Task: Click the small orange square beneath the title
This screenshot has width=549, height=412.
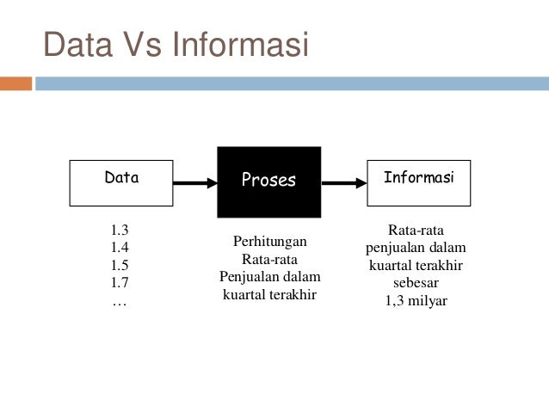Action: point(15,83)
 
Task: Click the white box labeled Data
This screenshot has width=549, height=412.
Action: point(121,181)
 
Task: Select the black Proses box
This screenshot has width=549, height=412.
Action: point(268,181)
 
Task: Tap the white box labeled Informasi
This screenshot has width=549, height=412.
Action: point(418,181)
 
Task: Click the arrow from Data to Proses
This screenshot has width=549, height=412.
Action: point(195,182)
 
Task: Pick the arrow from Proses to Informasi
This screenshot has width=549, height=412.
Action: point(344,182)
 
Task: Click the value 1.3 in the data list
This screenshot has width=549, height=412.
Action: point(120,231)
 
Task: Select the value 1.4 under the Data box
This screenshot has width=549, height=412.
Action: point(120,249)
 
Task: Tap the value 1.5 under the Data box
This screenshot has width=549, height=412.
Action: point(120,266)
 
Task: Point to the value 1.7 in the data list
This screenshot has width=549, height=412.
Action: point(120,283)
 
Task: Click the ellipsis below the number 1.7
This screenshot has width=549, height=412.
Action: point(119,301)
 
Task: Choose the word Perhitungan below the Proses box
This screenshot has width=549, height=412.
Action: point(269,242)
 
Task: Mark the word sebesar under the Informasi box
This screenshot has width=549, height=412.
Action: point(416,283)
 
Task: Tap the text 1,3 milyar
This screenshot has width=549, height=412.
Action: point(416,301)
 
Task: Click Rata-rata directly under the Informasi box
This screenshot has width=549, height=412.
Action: point(416,231)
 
